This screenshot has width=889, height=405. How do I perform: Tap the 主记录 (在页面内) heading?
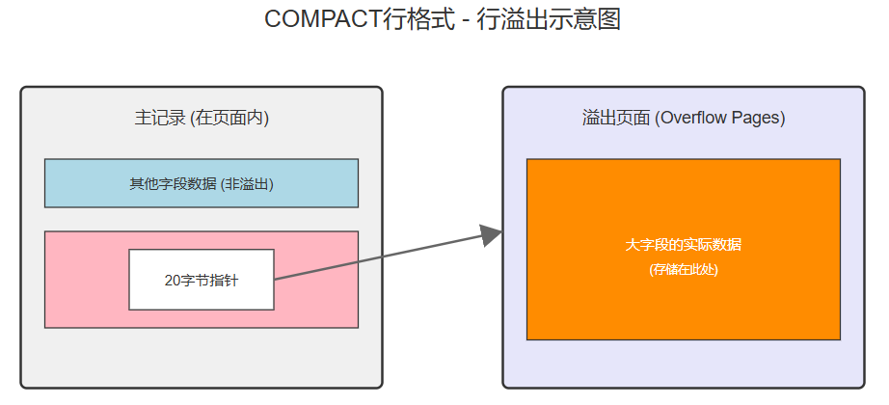pyautogui.click(x=202, y=119)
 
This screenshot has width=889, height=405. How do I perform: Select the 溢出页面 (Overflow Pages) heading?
pyautogui.click(x=684, y=119)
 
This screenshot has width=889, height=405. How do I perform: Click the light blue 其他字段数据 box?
pyautogui.click(x=202, y=183)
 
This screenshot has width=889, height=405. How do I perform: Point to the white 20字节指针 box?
pyautogui.click(x=202, y=280)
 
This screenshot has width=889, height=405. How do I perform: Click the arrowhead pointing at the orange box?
pyautogui.click(x=491, y=234)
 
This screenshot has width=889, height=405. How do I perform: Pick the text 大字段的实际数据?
pyautogui.click(x=684, y=245)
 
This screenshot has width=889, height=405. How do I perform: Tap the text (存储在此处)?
pyautogui.click(x=684, y=270)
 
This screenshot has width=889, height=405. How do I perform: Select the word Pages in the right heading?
pyautogui.click(x=756, y=119)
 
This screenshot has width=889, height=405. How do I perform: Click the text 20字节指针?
pyautogui.click(x=202, y=281)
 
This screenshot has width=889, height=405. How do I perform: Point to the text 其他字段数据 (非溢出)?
pyautogui.click(x=202, y=183)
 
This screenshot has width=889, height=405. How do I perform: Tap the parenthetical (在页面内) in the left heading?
pyautogui.click(x=230, y=119)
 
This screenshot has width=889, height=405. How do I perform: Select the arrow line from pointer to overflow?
pyautogui.click(x=376, y=257)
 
